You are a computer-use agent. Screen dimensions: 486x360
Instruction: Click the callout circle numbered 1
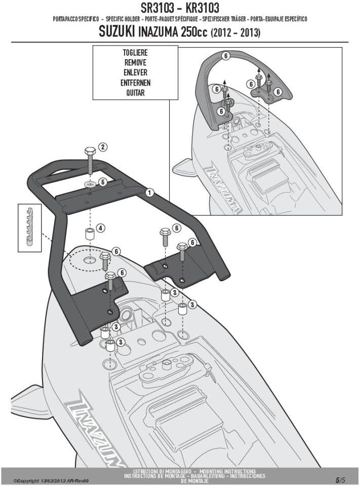click(x=150, y=192)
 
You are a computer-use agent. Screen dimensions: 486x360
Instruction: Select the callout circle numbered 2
click(x=102, y=147)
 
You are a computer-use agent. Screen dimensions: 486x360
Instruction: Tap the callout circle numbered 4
click(x=101, y=228)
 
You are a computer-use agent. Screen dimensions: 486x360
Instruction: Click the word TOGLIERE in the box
click(x=135, y=52)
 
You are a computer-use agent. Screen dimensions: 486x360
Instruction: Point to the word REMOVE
click(x=135, y=62)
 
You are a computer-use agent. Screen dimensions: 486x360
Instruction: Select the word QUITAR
click(x=135, y=93)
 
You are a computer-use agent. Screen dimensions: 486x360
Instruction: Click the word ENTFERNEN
click(x=135, y=83)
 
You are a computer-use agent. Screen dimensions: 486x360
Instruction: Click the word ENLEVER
click(x=135, y=72)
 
